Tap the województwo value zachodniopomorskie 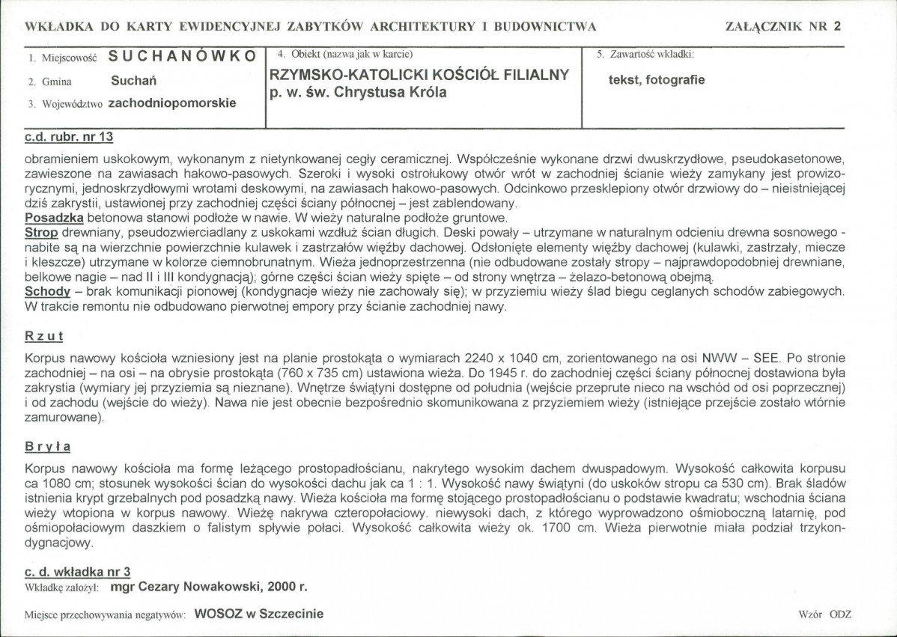click(x=172, y=103)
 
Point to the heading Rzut click(x=44, y=336)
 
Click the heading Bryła click(x=48, y=446)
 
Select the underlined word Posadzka click(x=52, y=218)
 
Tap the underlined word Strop click(x=40, y=232)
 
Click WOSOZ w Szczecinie click(x=258, y=614)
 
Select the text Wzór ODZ click(x=824, y=615)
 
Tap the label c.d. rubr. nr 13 click(x=69, y=138)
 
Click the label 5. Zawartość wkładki click(x=645, y=55)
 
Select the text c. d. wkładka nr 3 click(x=78, y=571)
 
